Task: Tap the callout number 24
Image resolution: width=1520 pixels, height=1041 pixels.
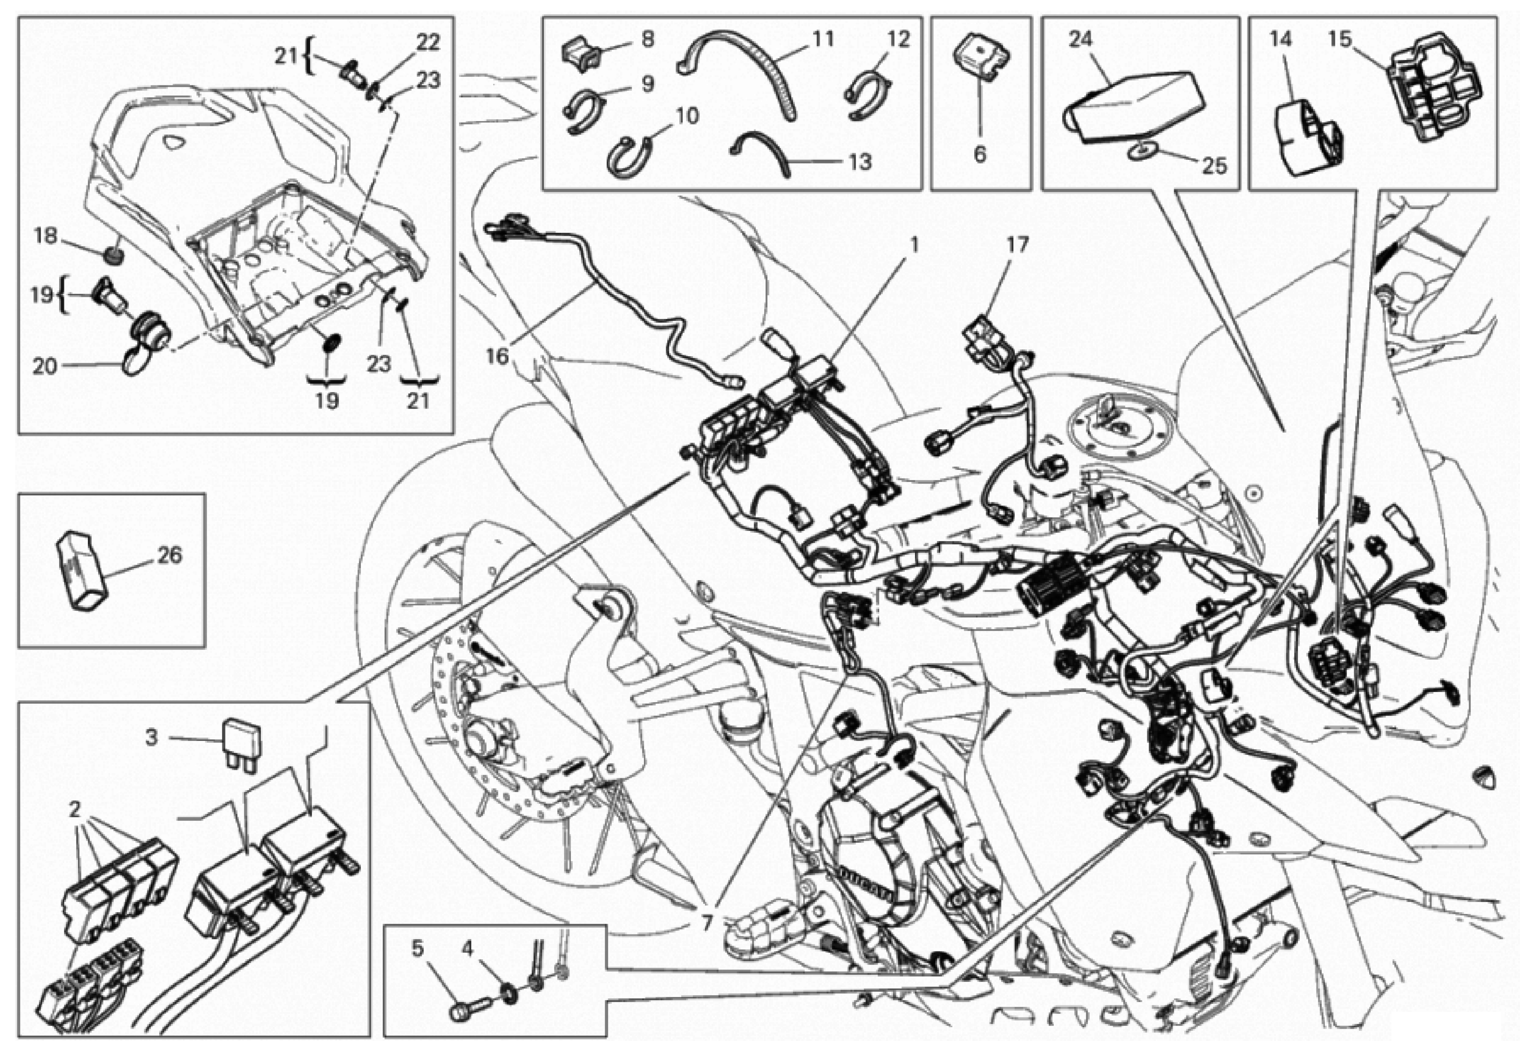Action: tap(1081, 39)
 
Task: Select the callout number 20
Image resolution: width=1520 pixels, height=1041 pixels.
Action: tap(45, 366)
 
